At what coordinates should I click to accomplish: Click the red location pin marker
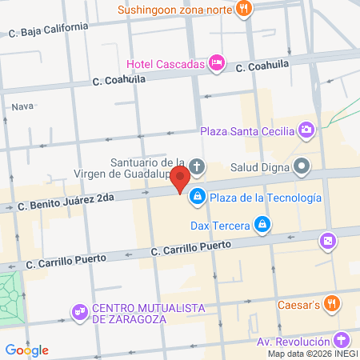[x=181, y=178]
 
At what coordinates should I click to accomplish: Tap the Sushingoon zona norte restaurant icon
[x=245, y=10]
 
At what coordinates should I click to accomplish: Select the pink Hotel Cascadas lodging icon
[x=215, y=62]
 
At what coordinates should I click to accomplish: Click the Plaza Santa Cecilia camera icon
[x=306, y=130]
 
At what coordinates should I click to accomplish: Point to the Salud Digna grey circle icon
[x=302, y=168]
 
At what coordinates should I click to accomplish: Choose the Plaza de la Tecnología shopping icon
[x=198, y=197]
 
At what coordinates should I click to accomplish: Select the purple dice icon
[x=327, y=241]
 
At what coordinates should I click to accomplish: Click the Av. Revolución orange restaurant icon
[x=341, y=341]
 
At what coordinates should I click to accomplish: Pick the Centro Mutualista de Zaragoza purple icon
[x=78, y=310]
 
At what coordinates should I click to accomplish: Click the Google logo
[x=26, y=350]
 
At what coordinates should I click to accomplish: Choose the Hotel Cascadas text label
[x=165, y=63]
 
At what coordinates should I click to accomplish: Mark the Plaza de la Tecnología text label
[x=267, y=198]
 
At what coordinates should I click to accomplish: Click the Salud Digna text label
[x=258, y=168]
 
